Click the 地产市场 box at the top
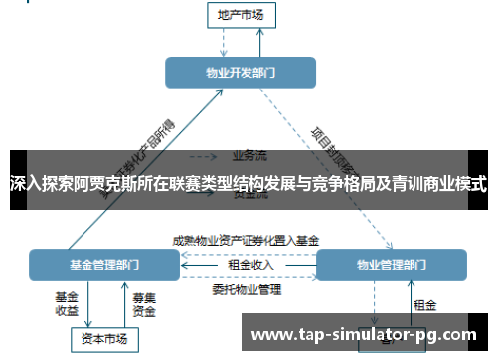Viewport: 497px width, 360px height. click(241, 14)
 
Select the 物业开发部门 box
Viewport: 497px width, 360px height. click(241, 72)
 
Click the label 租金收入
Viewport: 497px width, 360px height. click(250, 264)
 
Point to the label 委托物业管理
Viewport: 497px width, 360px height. click(247, 290)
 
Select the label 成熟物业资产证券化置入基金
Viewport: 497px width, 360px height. click(246, 240)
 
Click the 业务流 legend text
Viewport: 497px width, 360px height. click(248, 155)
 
